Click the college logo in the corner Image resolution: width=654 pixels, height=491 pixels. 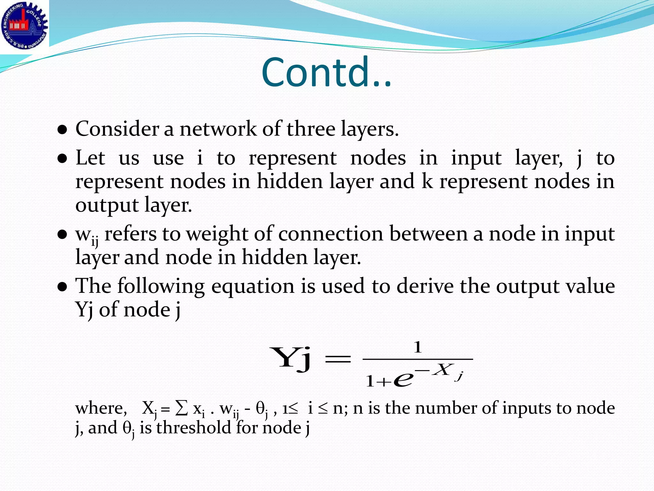(24, 26)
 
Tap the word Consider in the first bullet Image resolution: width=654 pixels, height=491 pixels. (117, 129)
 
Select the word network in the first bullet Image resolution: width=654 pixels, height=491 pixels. (218, 129)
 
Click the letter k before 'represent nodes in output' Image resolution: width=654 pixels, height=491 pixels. (427, 182)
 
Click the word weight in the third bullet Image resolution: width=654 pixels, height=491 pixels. (217, 234)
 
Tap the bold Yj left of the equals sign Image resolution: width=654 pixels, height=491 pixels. (290, 359)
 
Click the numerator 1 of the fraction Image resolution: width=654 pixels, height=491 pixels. (418, 347)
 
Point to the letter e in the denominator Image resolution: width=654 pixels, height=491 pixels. (403, 380)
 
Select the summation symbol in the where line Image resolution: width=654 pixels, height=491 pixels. (182, 408)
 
